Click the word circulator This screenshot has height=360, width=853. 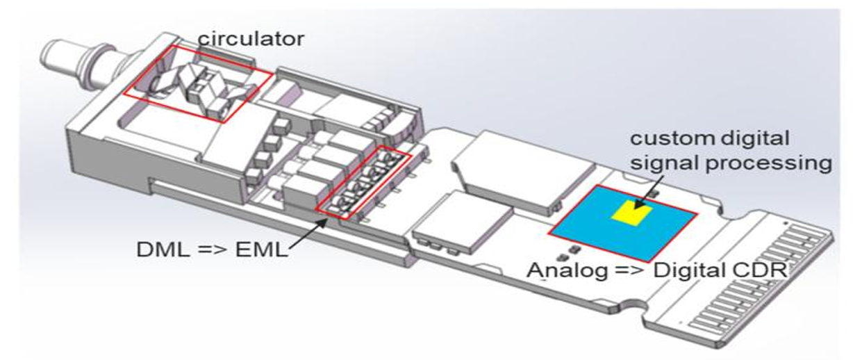coord(251,38)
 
